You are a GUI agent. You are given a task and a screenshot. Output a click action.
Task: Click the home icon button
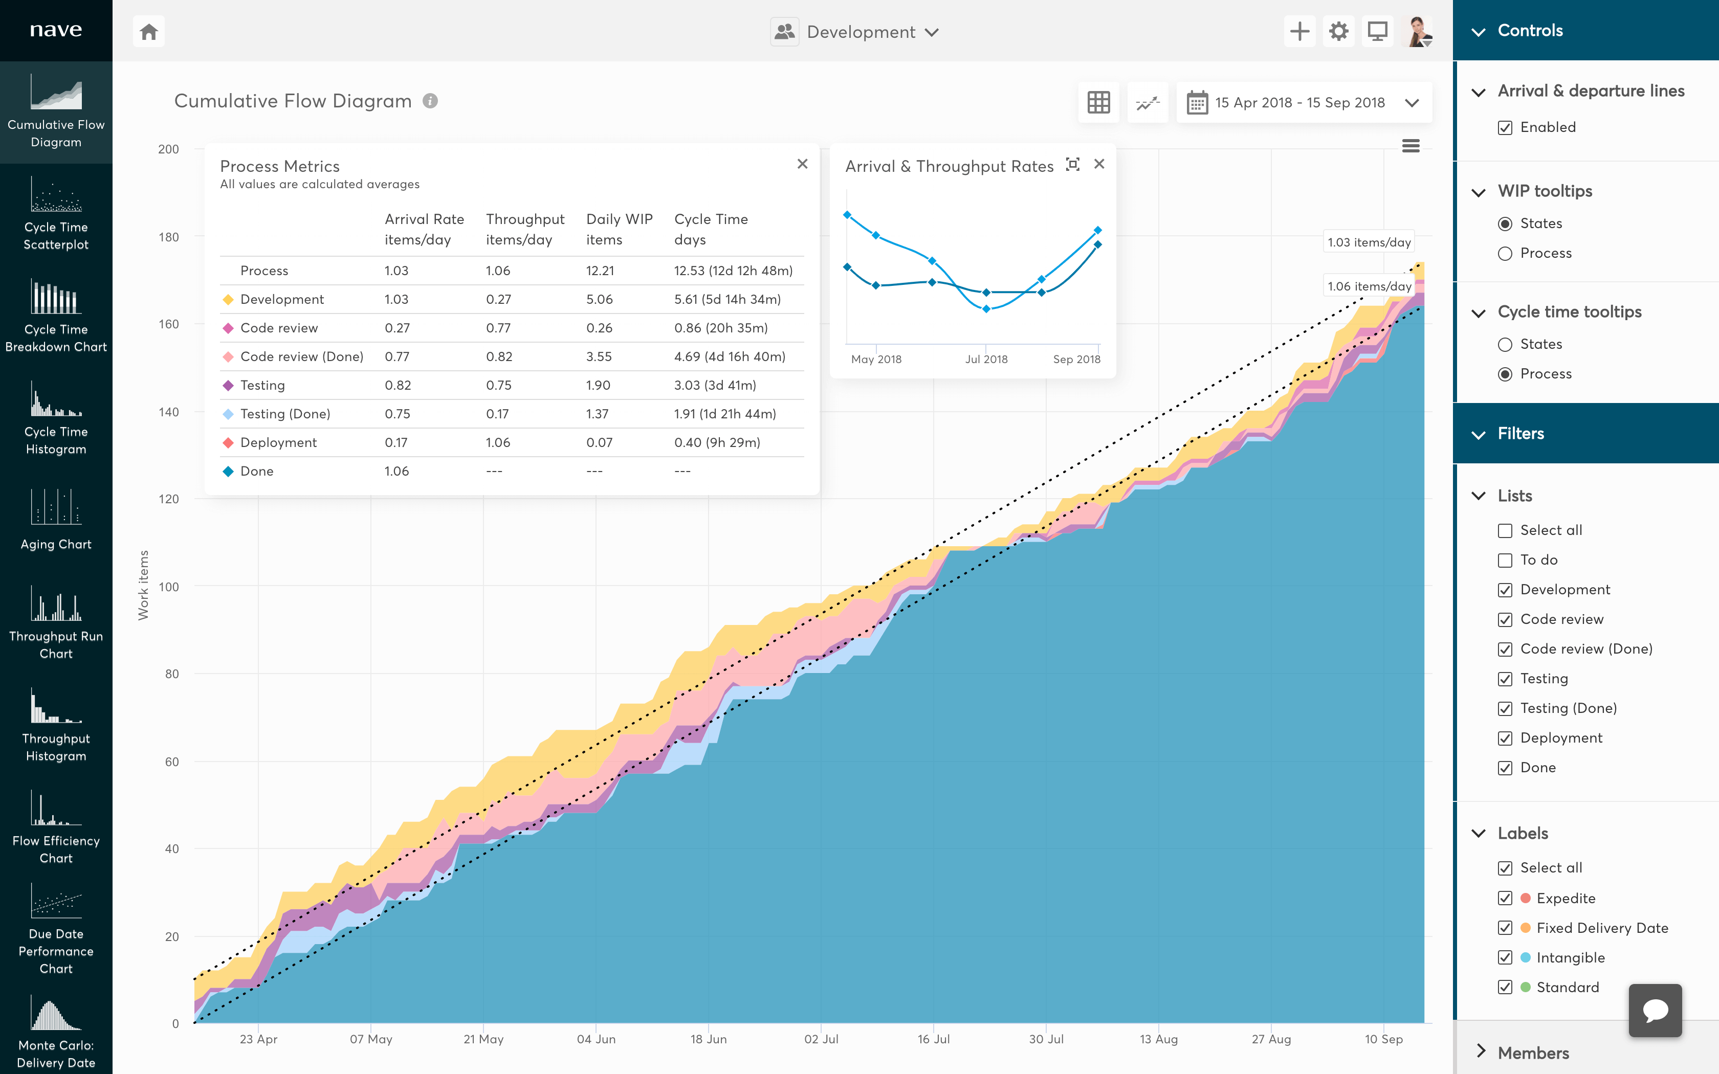click(x=148, y=32)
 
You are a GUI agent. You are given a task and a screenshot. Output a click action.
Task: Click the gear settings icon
click(x=1338, y=32)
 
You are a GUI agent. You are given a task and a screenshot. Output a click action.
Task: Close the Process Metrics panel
click(x=802, y=164)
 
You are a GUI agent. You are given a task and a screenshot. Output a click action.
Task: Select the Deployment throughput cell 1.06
click(x=498, y=442)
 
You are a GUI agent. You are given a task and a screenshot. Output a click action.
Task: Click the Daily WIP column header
click(x=619, y=229)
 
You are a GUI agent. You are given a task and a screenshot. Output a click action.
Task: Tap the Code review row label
click(x=278, y=328)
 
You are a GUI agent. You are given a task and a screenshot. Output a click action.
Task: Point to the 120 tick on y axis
click(x=169, y=499)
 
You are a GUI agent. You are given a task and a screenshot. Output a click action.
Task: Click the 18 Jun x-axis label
click(x=708, y=1039)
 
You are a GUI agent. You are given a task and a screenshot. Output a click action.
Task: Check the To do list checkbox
click(x=1505, y=561)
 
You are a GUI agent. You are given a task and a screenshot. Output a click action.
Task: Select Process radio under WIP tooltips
click(x=1505, y=254)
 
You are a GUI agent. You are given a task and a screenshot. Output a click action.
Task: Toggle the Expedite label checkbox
click(x=1505, y=898)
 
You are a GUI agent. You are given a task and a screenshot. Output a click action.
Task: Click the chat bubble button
click(x=1655, y=1010)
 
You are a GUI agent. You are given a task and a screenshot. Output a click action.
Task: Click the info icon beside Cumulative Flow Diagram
click(x=430, y=101)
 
